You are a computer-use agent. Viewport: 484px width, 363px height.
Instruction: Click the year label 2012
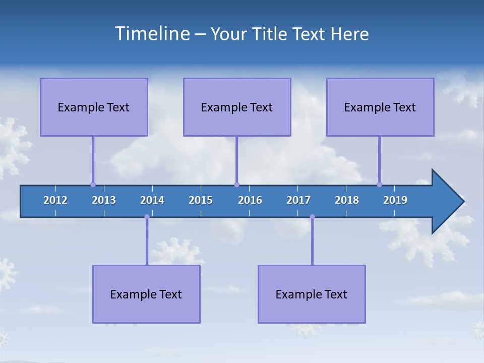(55, 200)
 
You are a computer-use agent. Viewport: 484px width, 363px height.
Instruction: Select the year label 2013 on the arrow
(104, 200)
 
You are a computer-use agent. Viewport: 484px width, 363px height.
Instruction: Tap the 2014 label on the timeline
(152, 200)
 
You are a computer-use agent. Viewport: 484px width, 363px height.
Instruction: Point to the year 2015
(201, 200)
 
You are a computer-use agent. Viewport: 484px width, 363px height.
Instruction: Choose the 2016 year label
(250, 200)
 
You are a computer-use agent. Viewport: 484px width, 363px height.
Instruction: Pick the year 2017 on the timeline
(298, 200)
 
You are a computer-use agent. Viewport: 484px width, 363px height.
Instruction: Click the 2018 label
(347, 200)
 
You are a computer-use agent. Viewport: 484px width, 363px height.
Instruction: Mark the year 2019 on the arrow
(395, 200)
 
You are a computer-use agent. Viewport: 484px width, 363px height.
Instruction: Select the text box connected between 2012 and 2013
(94, 107)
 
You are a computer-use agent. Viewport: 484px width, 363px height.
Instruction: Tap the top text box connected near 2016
(237, 107)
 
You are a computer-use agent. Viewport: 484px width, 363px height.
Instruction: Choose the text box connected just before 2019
(380, 107)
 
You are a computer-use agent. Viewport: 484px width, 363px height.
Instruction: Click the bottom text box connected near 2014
(146, 294)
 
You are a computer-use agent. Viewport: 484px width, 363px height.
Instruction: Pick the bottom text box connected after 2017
(312, 294)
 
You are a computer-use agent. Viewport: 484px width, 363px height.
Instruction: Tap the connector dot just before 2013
(93, 185)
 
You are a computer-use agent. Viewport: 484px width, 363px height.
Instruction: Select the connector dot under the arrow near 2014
(147, 217)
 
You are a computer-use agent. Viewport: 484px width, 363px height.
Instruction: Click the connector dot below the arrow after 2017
(312, 217)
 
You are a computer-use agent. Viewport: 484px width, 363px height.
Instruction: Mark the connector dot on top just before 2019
(379, 185)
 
